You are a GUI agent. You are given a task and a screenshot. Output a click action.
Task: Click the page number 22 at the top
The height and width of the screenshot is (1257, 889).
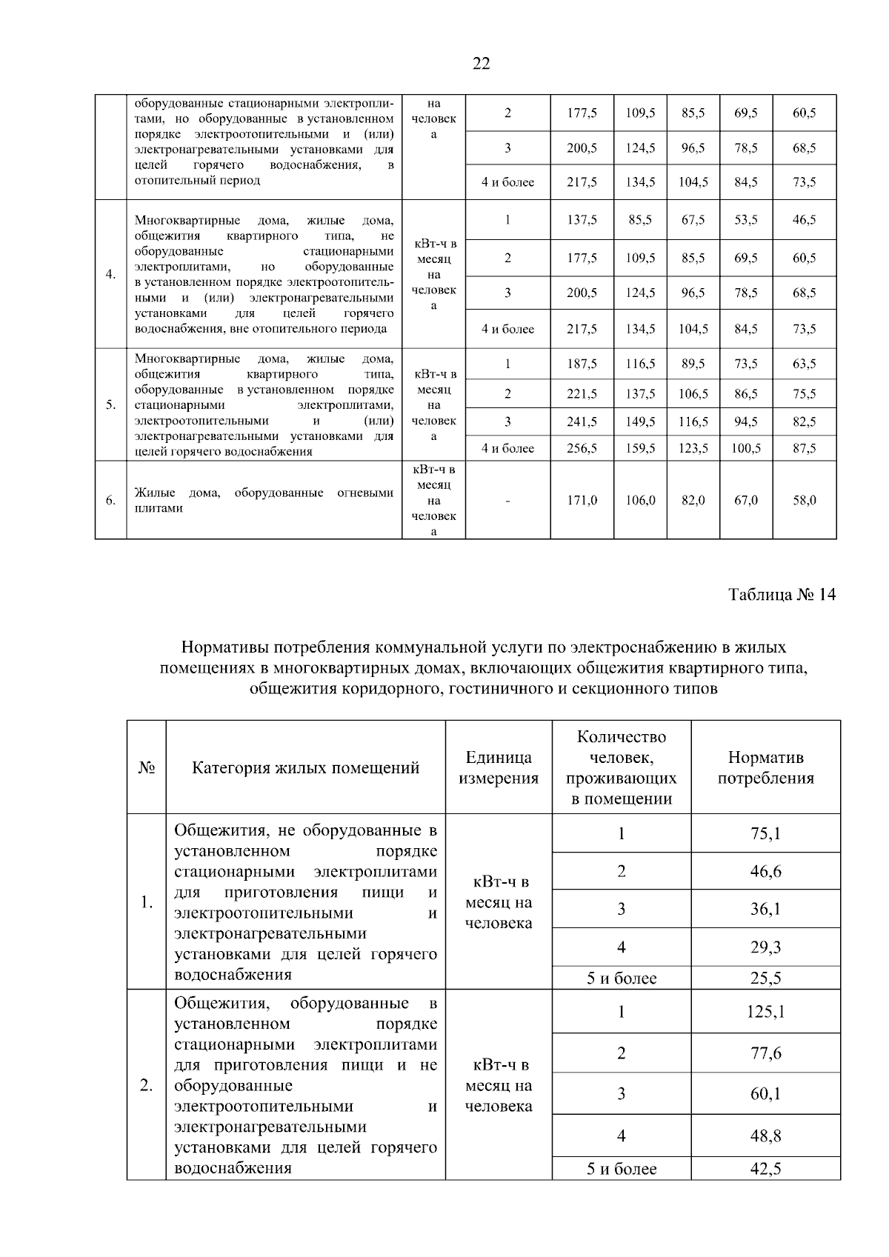[481, 64]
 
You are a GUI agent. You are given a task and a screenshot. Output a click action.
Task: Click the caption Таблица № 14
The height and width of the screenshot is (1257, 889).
[782, 595]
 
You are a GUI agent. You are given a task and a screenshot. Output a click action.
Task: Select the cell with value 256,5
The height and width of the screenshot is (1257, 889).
[582, 448]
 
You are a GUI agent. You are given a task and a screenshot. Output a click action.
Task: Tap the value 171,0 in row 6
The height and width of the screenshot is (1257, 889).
[582, 501]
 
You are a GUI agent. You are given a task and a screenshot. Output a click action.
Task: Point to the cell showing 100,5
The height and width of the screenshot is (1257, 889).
[746, 448]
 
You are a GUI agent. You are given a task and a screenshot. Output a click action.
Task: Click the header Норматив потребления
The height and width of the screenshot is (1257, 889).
[765, 767]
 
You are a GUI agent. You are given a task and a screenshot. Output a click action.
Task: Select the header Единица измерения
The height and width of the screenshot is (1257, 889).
[499, 767]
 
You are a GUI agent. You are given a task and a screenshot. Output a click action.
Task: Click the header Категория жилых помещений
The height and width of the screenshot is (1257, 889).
[305, 767]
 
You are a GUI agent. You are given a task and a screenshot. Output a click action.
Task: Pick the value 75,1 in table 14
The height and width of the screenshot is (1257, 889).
[765, 833]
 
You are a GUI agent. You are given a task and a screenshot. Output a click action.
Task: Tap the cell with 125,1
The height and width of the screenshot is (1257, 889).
[765, 1012]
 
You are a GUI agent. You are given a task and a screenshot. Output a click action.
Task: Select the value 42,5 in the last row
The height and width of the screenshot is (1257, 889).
[765, 1170]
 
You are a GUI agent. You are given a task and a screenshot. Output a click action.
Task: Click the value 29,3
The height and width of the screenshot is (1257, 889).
[765, 947]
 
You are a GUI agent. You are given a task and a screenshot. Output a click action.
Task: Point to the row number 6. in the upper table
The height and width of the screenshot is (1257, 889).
[110, 501]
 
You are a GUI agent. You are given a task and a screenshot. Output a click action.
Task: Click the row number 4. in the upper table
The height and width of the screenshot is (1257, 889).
[110, 274]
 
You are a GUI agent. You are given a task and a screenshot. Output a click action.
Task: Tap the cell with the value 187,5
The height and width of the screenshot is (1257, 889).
[582, 364]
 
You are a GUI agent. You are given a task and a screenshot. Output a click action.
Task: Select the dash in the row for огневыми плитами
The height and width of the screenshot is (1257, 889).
[507, 501]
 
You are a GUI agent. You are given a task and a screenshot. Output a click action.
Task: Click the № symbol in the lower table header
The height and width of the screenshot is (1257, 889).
[146, 767]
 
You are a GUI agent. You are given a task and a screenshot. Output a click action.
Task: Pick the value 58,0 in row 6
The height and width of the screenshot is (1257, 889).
[805, 501]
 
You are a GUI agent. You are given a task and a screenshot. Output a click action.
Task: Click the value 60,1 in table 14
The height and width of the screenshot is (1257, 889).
[765, 1093]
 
